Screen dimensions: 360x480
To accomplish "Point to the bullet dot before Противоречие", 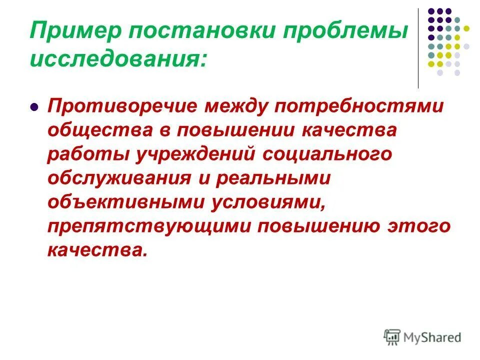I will point(34,107).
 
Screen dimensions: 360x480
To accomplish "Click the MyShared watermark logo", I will point(422,337).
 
